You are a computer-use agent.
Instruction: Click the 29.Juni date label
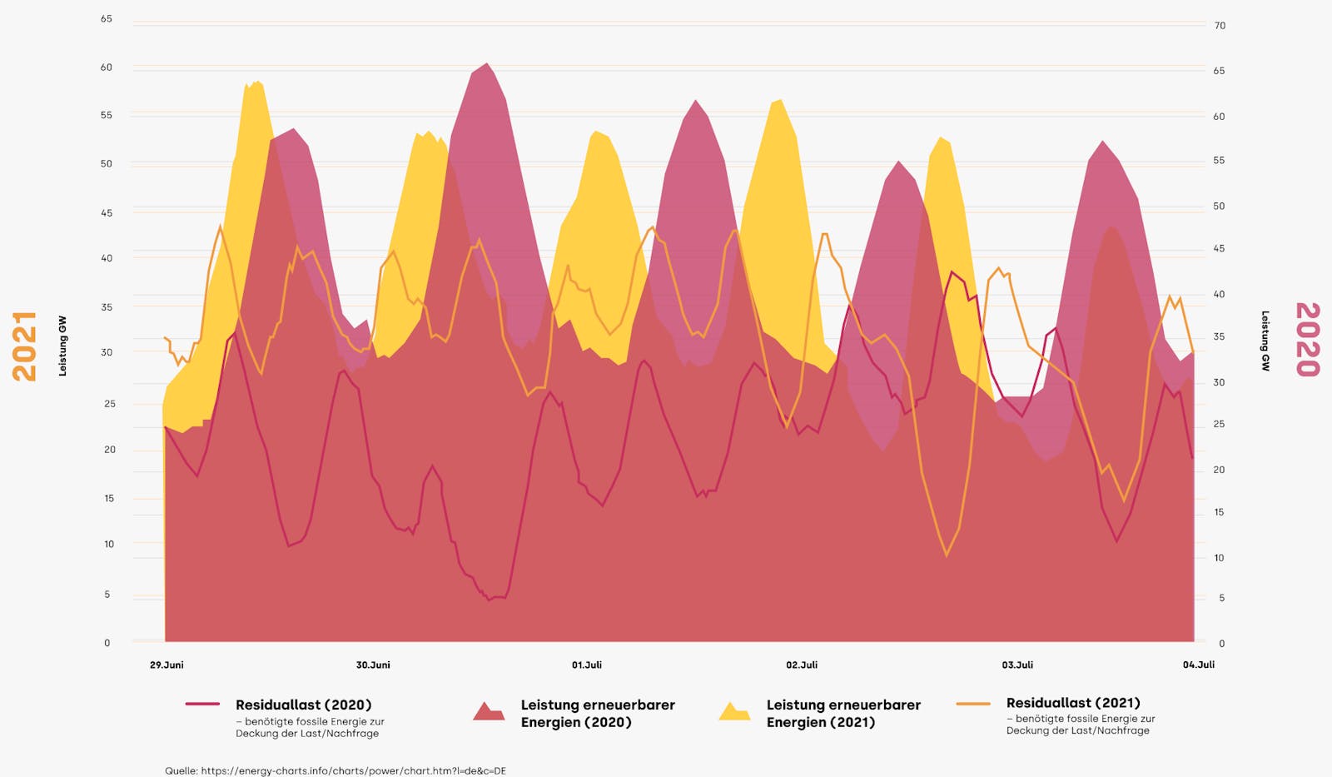[166, 665]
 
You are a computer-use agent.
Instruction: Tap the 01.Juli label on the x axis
[586, 665]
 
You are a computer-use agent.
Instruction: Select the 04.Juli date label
[1199, 665]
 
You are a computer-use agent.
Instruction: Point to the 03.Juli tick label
[1017, 665]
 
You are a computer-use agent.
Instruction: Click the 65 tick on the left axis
[107, 18]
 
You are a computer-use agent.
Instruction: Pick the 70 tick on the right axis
[1220, 26]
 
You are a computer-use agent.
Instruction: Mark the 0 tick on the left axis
[107, 642]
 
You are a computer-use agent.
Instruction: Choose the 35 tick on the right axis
[1219, 336]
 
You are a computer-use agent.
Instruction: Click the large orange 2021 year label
[25, 346]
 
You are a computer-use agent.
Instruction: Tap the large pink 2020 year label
[1307, 339]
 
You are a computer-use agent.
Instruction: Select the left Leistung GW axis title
[62, 346]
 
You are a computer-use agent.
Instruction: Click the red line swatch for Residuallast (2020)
[202, 705]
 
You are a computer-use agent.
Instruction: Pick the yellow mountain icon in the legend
[734, 711]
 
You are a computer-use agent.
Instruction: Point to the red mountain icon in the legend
[489, 711]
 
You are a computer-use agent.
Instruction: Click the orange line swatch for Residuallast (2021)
[973, 704]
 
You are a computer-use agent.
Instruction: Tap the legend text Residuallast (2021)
[1073, 703]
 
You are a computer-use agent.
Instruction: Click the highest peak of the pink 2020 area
[487, 64]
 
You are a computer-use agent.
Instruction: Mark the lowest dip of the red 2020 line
[490, 600]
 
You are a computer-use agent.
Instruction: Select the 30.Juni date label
[373, 665]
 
